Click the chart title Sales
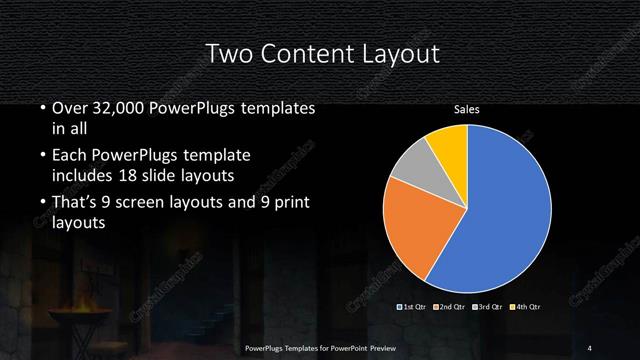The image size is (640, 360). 467,109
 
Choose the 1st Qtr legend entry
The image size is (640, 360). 414,305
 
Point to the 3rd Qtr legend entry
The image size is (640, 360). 490,305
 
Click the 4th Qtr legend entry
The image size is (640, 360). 527,305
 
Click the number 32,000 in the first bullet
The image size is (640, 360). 119,108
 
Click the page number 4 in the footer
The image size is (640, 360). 590,347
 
